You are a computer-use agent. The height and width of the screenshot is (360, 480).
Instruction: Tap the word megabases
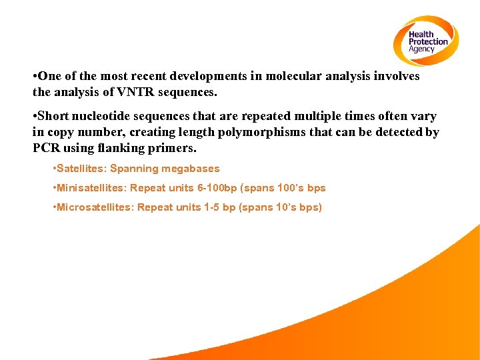191,169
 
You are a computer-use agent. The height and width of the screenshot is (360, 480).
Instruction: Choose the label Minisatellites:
92,188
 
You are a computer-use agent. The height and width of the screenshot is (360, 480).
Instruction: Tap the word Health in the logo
421,35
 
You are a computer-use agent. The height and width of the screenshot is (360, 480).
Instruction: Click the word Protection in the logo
429,42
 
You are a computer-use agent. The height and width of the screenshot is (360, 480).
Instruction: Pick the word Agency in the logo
421,49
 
